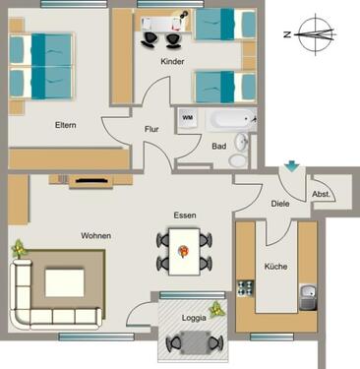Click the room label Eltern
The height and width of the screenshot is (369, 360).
pos(66,125)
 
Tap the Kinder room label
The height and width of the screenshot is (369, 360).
pos(174,61)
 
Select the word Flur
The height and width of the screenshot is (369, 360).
pos(151,129)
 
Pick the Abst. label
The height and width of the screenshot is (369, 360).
pos(321,194)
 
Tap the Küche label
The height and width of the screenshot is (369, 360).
pos(274,266)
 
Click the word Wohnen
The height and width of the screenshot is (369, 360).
pos(95,236)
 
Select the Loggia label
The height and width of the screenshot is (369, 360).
pos(194,317)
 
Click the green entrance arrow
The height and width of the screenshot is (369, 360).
pos(291,168)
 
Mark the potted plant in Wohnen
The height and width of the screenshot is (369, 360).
pos(19,250)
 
